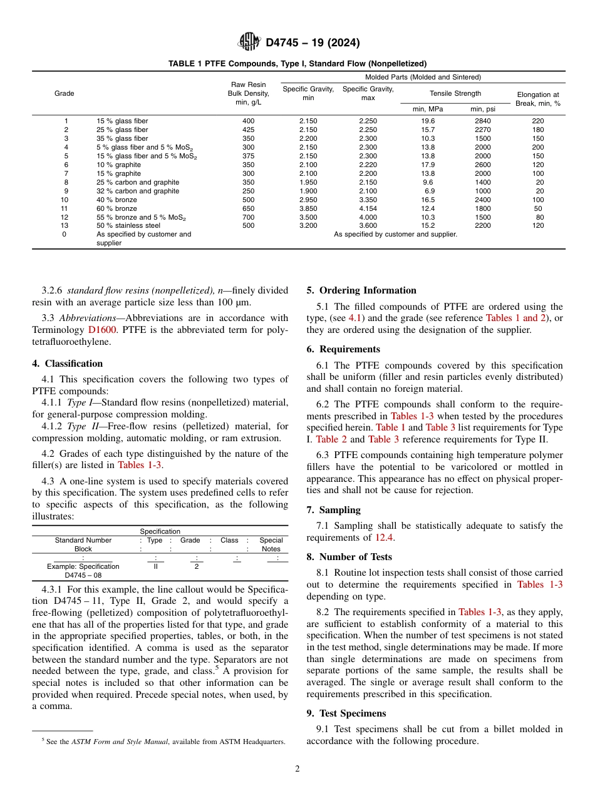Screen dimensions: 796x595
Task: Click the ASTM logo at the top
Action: tap(249, 43)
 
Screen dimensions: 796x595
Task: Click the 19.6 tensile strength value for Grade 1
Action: tap(428, 121)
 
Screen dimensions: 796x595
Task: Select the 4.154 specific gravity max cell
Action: tap(368, 208)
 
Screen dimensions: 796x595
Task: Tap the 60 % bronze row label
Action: tap(116, 208)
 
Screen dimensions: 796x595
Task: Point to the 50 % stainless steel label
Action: tap(128, 226)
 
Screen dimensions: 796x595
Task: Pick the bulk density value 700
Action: tap(248, 217)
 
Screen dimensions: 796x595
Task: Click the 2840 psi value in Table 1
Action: tap(482, 121)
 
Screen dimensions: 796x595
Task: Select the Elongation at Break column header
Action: tap(538, 99)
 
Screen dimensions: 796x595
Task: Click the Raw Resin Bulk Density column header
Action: tap(248, 93)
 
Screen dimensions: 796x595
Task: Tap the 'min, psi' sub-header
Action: tap(482, 109)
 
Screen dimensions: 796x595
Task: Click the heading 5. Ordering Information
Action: tap(361, 290)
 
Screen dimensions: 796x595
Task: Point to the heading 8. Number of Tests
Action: tap(349, 557)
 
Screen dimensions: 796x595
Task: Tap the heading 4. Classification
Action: tap(68, 364)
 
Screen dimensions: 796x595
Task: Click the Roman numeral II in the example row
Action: tap(155, 566)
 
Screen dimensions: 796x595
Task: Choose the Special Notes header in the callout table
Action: tap(271, 544)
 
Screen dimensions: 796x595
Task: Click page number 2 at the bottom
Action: tap(297, 769)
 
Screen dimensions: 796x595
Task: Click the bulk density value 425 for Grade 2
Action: tap(248, 130)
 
